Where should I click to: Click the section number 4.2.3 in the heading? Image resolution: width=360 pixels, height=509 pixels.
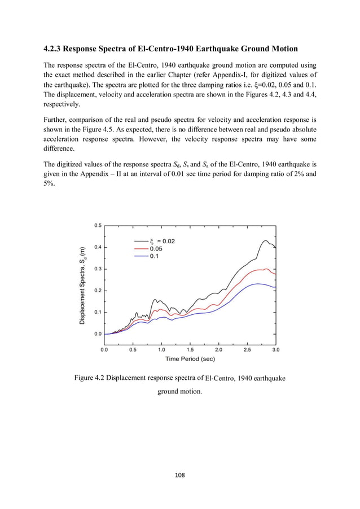tap(55, 49)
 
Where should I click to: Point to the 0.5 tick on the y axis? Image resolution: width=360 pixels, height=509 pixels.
tap(98, 225)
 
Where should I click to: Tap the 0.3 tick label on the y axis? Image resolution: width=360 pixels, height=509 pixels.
tap(98, 269)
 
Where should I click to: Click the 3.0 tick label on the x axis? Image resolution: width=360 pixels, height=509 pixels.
tap(275, 349)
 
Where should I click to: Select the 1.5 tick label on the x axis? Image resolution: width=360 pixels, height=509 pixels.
tap(190, 349)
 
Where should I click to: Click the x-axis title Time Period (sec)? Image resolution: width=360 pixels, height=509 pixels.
tap(190, 359)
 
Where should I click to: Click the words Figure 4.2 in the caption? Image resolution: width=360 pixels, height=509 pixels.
tap(90, 378)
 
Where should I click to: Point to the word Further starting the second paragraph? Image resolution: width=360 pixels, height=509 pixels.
tap(56, 120)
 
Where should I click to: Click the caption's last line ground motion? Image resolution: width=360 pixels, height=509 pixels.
tap(179, 390)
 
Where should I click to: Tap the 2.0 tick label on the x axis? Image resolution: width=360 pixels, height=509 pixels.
tap(218, 349)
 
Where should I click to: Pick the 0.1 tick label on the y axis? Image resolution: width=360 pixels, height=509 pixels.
tap(98, 312)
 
